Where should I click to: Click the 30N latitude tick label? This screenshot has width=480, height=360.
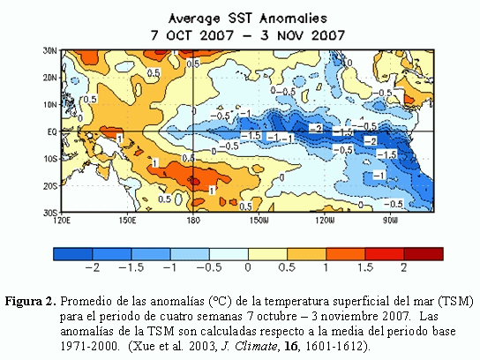point(49,50)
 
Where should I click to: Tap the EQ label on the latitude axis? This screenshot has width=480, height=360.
point(52,131)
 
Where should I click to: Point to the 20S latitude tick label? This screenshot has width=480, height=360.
point(50,186)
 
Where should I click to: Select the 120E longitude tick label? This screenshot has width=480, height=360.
point(62,220)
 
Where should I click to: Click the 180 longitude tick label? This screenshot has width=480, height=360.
point(193,220)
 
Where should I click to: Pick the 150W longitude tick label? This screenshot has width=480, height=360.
point(259,220)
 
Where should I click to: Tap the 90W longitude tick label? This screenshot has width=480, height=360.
point(390,220)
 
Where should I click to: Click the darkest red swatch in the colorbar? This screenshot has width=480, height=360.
point(424,254)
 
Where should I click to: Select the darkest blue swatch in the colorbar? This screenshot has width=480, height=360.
point(73,254)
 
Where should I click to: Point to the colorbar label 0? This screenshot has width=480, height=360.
point(248,267)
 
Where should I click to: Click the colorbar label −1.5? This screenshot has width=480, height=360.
point(131,267)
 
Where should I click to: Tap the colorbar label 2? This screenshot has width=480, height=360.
point(404,267)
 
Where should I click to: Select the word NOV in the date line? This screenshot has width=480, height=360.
point(291,35)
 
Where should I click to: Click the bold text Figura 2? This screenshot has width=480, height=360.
point(31,302)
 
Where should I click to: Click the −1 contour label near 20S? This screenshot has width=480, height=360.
point(379,176)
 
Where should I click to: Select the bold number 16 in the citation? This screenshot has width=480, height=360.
point(291,346)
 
